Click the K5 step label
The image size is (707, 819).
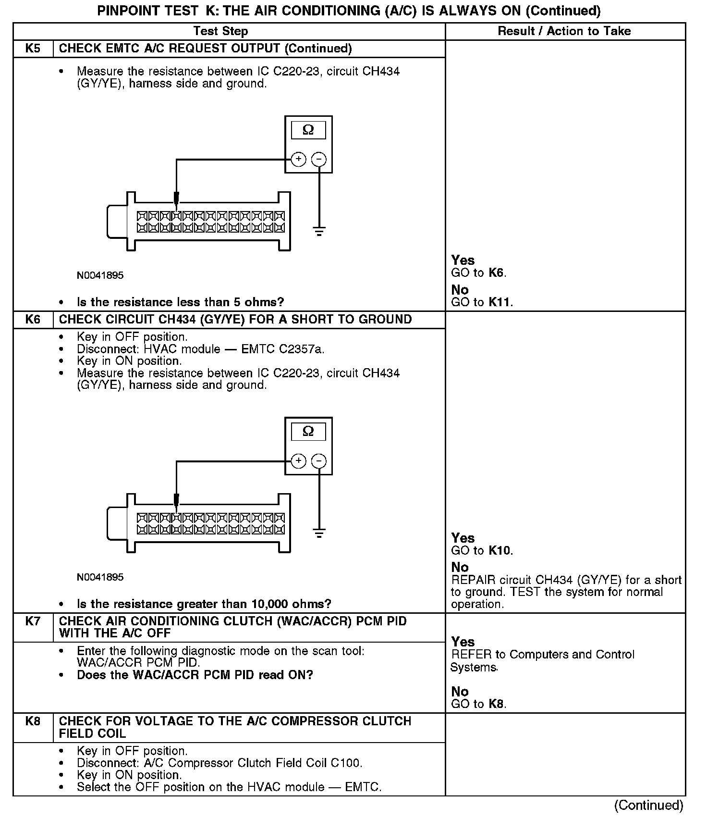point(33,49)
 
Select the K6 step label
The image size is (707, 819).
point(33,320)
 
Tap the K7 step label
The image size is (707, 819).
point(33,621)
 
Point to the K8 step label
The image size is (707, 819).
point(33,721)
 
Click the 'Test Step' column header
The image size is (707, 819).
point(220,31)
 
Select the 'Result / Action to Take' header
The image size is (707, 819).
point(564,31)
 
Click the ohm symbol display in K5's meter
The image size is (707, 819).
point(308,130)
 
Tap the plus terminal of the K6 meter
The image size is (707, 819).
point(298,461)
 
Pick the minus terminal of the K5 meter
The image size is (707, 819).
point(319,159)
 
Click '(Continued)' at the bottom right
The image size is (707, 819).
point(648,805)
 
